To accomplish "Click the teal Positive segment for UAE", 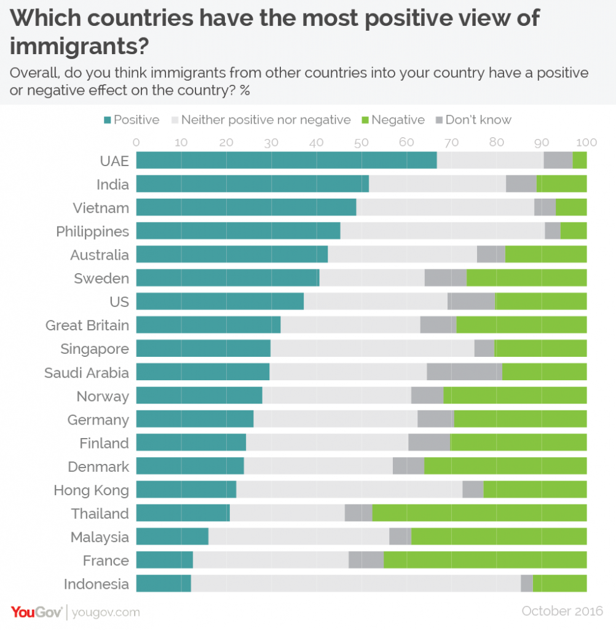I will pos(286,161).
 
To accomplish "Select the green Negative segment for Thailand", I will pos(480,513).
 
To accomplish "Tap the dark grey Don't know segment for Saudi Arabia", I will pos(464,372).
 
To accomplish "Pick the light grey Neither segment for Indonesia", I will pos(355,583).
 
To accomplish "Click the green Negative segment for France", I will pos(484,560).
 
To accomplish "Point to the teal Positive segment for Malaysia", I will pos(172,536).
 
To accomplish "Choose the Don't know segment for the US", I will pos(472,301).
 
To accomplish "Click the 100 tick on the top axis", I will pos(586,143).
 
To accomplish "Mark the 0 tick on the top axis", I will pos(136,143).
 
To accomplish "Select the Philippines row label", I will pos(92,231).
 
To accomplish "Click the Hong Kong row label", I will pos(91,490).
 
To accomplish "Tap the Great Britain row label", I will pos(87,325).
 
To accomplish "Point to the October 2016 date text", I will pos(563,611).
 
